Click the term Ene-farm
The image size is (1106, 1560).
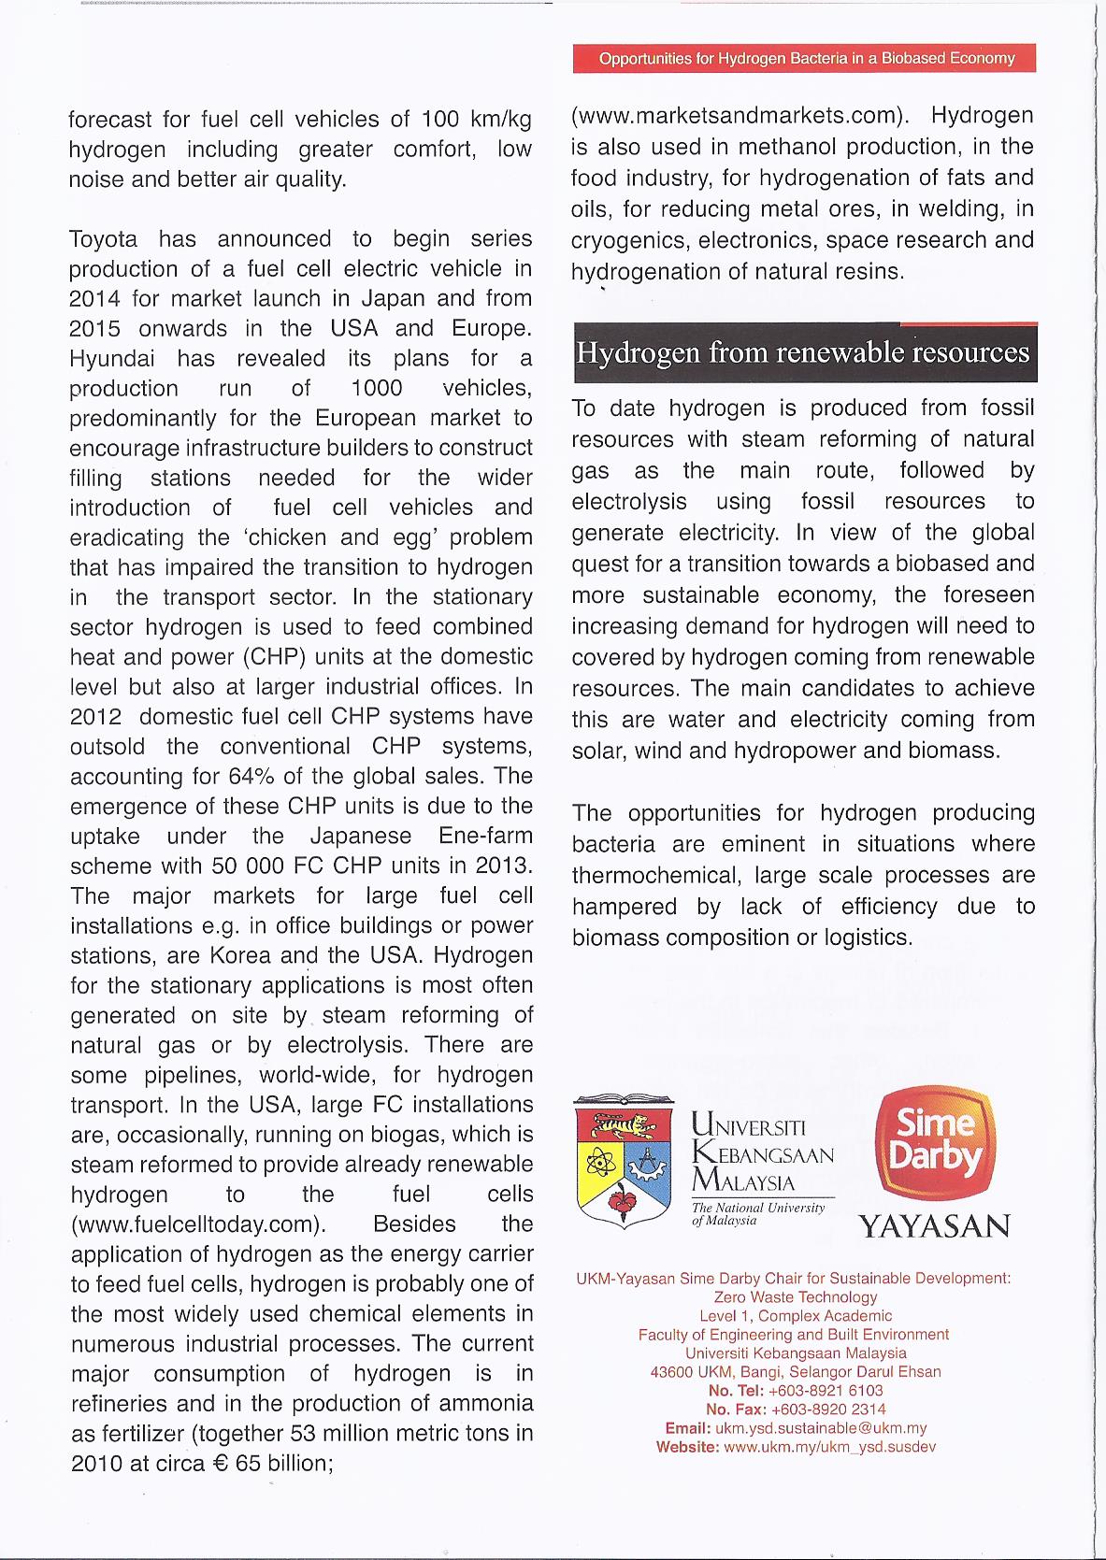485,837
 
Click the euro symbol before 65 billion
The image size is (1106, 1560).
221,1464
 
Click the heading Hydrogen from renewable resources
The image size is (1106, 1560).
804,353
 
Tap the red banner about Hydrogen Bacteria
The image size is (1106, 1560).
806,58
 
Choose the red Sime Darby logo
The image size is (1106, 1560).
935,1141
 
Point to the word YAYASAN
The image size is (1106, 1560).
934,1225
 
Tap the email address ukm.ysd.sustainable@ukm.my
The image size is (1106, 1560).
821,1428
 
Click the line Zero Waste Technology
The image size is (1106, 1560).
795,1297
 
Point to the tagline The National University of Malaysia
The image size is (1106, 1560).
757,1214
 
